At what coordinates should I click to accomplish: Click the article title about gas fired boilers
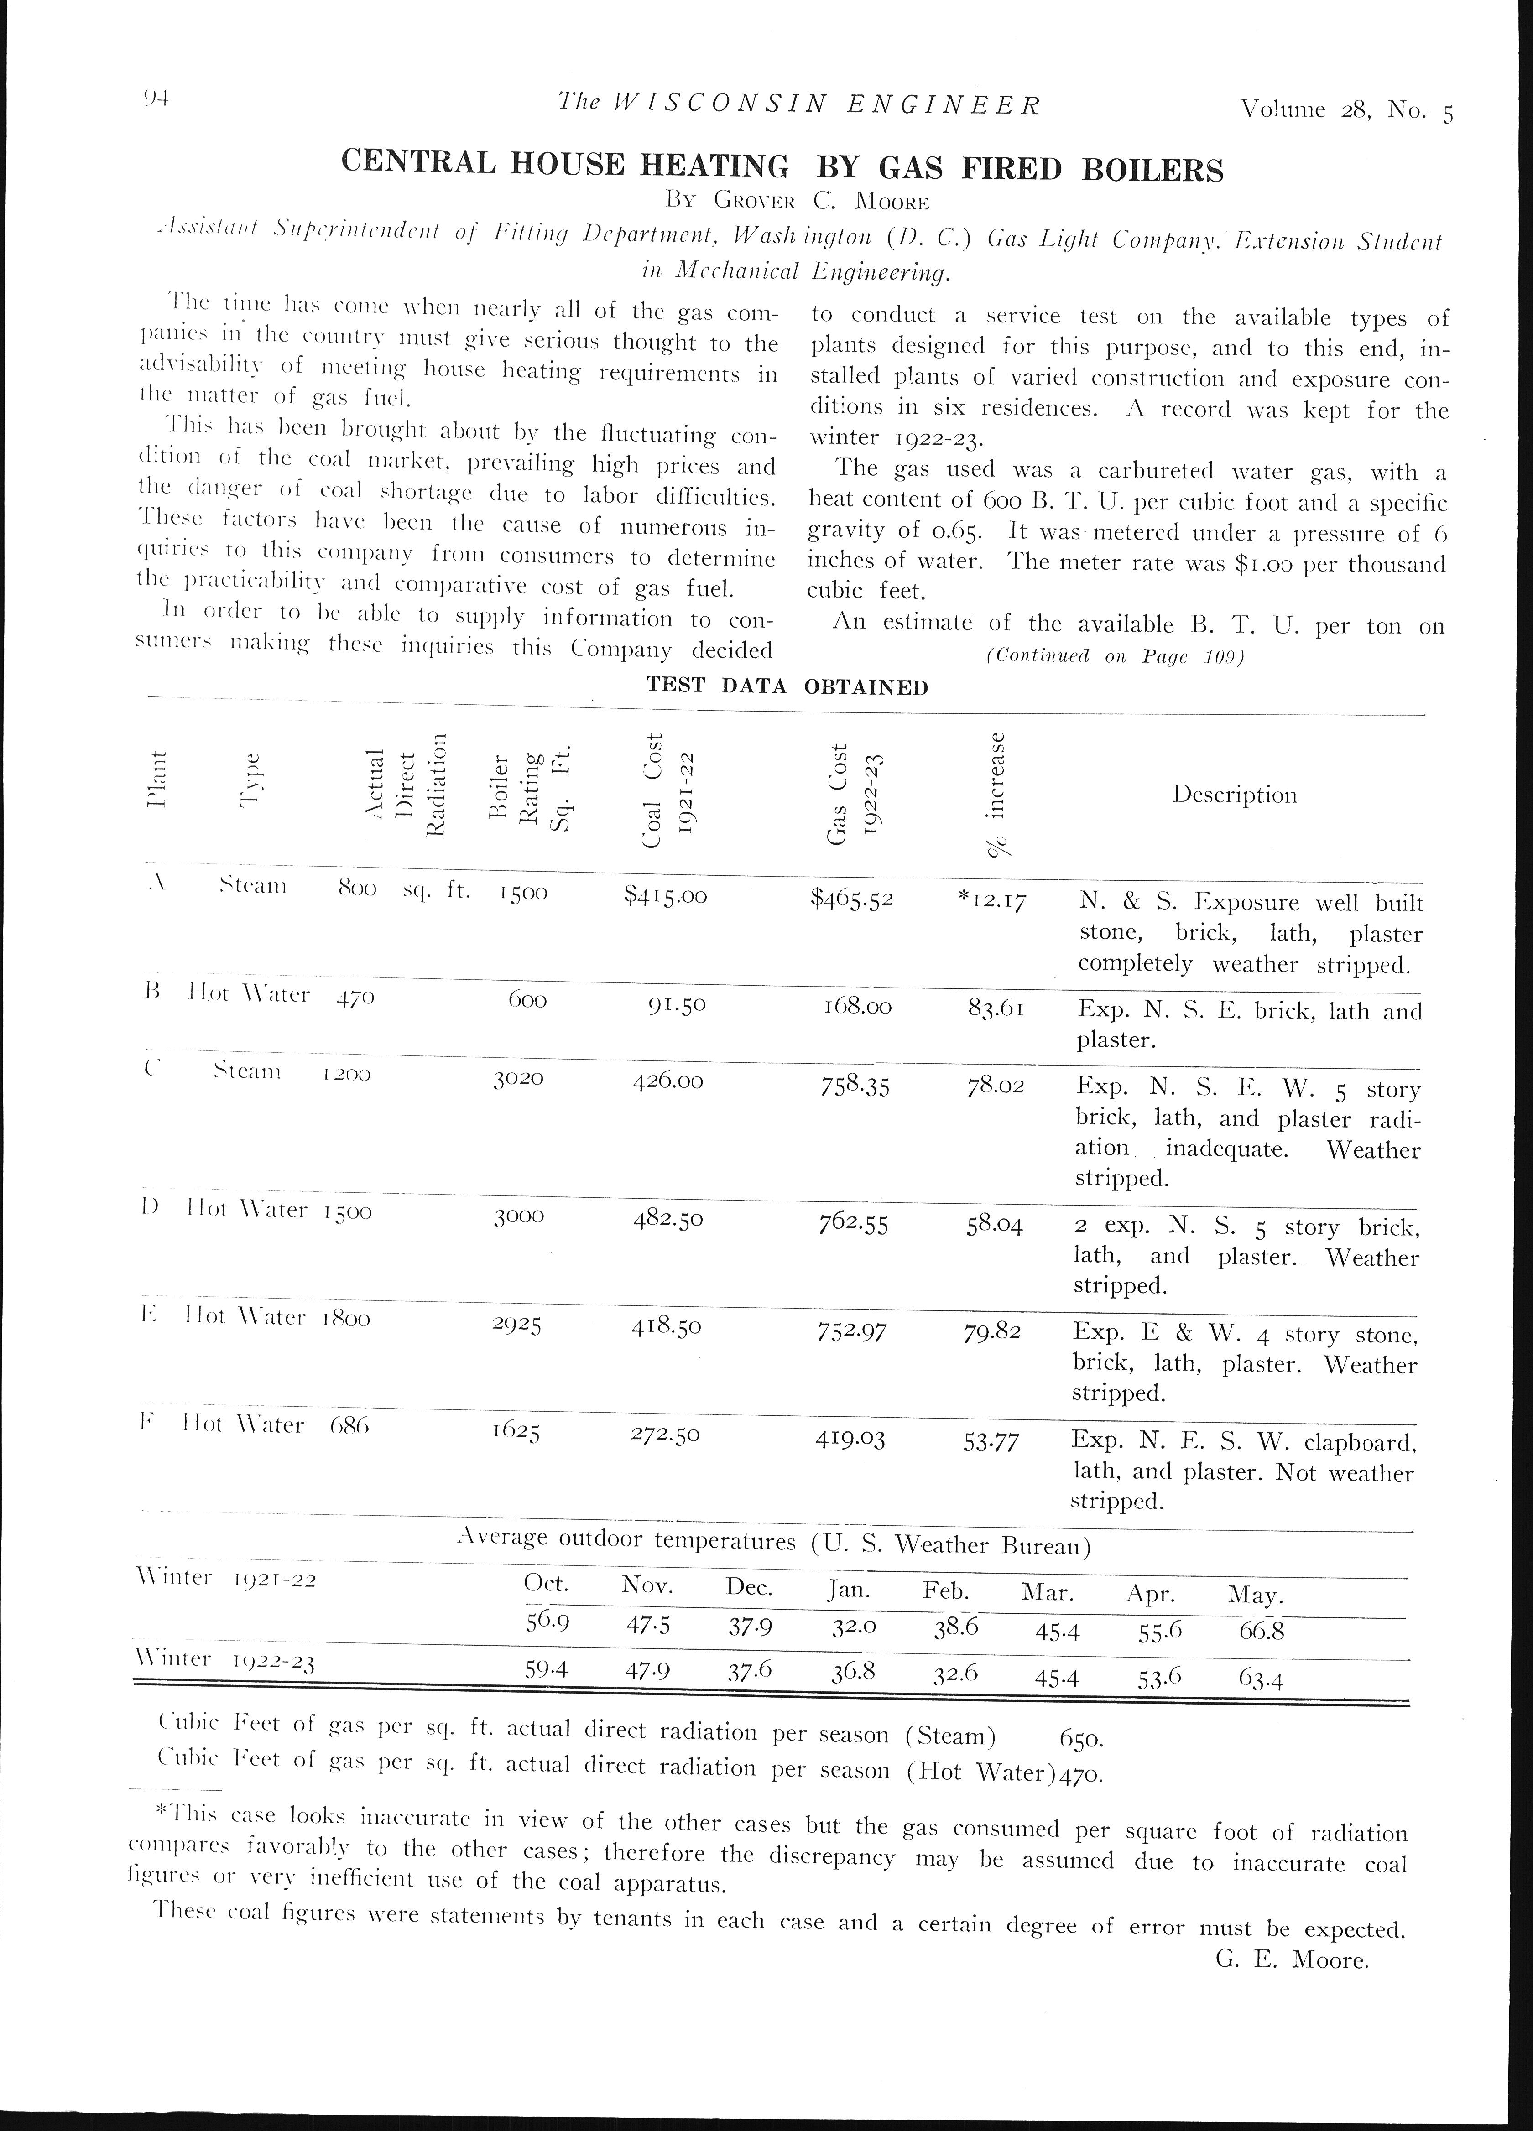(782, 167)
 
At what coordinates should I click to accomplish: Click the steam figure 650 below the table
(1080, 1738)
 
